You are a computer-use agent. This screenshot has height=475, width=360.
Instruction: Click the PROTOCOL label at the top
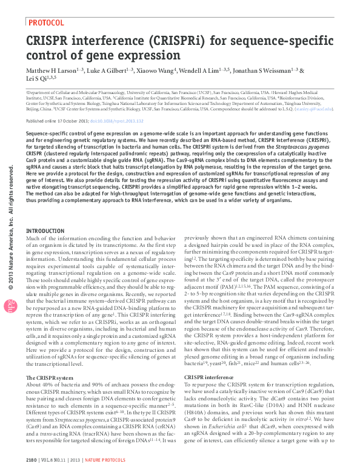[46, 23]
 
